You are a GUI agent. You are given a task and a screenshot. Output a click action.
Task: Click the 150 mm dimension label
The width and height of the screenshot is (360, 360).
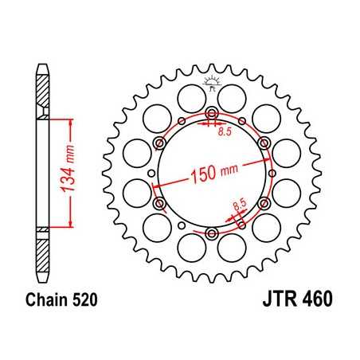pos(213,174)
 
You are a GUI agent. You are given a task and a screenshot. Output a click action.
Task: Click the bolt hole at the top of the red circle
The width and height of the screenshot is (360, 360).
pos(212,113)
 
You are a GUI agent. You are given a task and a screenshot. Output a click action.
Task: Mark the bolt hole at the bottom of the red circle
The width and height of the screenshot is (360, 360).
pos(212,233)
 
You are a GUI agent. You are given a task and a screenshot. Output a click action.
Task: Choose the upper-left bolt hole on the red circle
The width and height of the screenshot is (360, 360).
pos(160,143)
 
